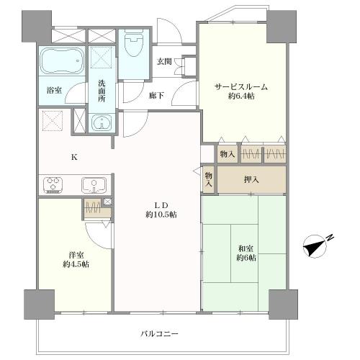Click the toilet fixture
134,43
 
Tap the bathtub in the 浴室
62,60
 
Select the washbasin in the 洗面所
102,122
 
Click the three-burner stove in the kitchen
53,185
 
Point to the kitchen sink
94,185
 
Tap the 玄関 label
164,62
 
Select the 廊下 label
156,96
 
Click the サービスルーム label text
241,87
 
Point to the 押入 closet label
251,179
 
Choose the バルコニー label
159,333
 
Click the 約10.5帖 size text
161,215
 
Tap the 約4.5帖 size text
76,264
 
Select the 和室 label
246,248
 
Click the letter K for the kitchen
74,158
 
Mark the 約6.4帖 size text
241,96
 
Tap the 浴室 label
54,90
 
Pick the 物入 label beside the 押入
209,179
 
